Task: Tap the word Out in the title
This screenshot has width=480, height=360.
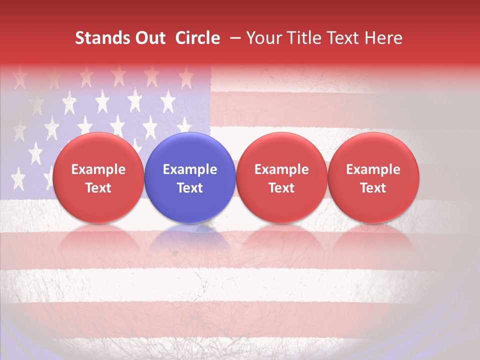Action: point(149,38)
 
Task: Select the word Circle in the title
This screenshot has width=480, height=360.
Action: point(197,38)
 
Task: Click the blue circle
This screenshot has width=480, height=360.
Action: point(190,178)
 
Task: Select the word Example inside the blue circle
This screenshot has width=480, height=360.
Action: point(190,169)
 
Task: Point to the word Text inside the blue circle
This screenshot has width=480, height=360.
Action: point(190,188)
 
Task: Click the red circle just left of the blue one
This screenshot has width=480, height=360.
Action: point(98,178)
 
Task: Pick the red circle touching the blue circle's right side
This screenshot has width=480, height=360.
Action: point(281,178)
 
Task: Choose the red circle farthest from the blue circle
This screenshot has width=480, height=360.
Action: point(373,178)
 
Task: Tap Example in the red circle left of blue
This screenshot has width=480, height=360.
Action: point(98,169)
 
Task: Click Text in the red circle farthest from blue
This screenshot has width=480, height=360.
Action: point(373,188)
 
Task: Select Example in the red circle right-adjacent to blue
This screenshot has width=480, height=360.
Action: point(281,169)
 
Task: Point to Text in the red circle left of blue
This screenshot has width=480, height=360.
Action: point(98,188)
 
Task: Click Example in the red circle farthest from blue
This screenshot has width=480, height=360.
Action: point(373,169)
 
